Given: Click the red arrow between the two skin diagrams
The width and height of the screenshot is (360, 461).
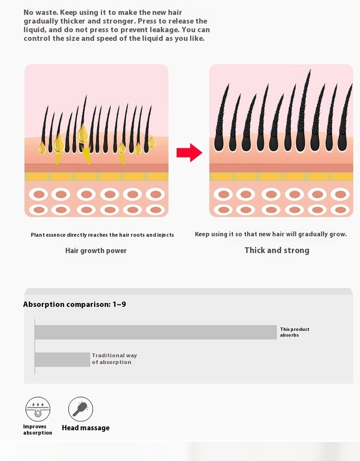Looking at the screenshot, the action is point(189,153).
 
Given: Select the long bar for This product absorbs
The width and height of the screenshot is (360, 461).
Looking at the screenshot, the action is point(156,332).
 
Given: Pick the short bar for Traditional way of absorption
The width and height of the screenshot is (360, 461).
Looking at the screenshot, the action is point(62,360).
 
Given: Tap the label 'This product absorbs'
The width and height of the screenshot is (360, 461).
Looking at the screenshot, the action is point(294,332).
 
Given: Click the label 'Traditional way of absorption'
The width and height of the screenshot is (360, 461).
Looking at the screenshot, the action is point(114,359).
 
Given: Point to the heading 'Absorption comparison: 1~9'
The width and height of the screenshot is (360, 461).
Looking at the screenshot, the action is point(75,304).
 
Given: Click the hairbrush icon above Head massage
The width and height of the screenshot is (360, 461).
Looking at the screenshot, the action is point(81,409).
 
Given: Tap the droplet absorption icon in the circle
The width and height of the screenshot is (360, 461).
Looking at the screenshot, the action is point(37,409).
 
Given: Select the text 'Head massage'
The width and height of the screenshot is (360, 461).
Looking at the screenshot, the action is point(85,428).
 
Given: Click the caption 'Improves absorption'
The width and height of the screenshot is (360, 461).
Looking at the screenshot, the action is point(37,429).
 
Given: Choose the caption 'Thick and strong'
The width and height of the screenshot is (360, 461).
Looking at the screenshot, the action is point(277,250).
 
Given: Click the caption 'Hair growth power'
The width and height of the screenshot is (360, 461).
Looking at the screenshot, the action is point(96,251).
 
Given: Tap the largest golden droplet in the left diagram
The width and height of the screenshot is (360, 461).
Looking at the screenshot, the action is point(83,133).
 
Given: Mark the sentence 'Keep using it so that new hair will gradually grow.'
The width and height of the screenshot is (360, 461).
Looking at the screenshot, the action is point(271,234).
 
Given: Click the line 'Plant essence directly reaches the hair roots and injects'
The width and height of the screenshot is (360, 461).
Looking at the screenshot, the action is point(102,235).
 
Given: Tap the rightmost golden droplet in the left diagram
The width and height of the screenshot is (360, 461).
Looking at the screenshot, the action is point(152,142).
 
